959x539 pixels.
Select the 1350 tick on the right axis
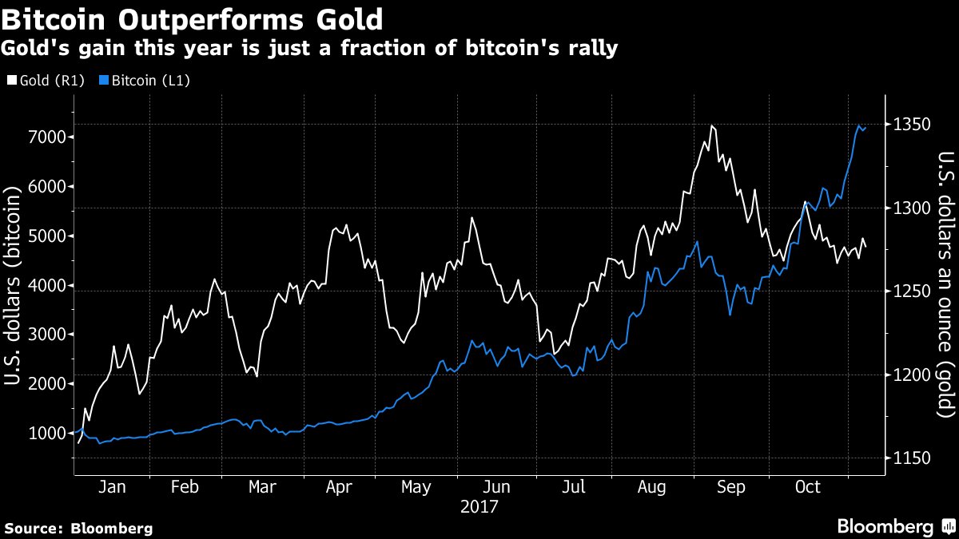click(911, 125)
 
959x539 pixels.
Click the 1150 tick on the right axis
click(911, 458)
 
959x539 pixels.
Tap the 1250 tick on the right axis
click(911, 291)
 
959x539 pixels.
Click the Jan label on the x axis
click(111, 487)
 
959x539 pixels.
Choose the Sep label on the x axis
click(731, 487)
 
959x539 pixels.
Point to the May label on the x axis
click(416, 487)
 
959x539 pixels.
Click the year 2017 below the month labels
click(479, 506)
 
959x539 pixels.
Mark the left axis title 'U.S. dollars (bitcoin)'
click(13, 286)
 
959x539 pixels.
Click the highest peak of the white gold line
click(711, 126)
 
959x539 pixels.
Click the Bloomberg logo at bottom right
click(895, 527)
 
